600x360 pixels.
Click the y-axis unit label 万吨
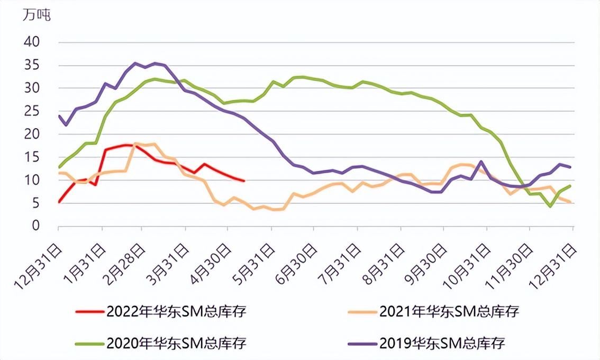pyautogui.click(x=37, y=15)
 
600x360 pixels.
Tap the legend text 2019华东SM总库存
pyautogui.click(x=442, y=343)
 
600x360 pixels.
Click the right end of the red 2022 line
pyautogui.click(x=244, y=181)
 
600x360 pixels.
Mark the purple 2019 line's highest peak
pyautogui.click(x=135, y=63)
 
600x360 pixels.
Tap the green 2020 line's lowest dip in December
pyautogui.click(x=551, y=206)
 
